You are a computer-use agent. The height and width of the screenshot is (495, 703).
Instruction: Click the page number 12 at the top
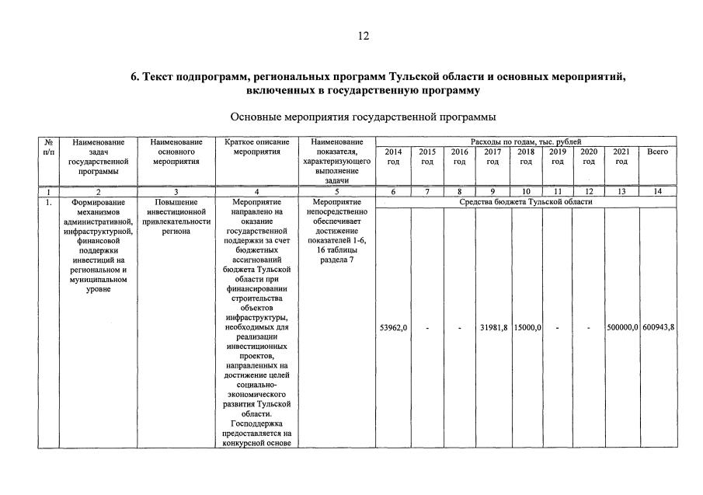point(364,36)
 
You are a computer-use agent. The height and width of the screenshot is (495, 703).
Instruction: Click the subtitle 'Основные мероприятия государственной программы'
point(364,117)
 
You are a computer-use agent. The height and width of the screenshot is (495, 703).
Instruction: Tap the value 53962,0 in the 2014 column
point(393,327)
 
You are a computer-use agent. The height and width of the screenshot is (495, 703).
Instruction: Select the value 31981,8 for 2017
point(493,327)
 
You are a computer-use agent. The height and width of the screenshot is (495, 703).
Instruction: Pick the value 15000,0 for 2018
point(527,327)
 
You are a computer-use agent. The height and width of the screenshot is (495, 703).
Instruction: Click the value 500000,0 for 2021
point(622,327)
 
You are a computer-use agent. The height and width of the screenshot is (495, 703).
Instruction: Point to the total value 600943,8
point(658,327)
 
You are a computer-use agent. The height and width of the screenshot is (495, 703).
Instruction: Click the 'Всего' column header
point(657,152)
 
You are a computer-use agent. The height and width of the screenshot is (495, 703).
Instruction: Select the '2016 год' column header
point(459,156)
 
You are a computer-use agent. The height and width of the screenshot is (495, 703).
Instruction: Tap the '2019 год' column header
point(558,156)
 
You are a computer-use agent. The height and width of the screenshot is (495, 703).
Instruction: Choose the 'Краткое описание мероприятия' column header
point(256,147)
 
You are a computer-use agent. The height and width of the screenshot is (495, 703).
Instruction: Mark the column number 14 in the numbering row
point(657,191)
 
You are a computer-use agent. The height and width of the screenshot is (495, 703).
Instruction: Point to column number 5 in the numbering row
point(337,191)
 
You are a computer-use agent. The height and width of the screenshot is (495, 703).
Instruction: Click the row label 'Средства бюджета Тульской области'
point(525,202)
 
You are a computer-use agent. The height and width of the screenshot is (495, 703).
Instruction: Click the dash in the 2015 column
point(426,327)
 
